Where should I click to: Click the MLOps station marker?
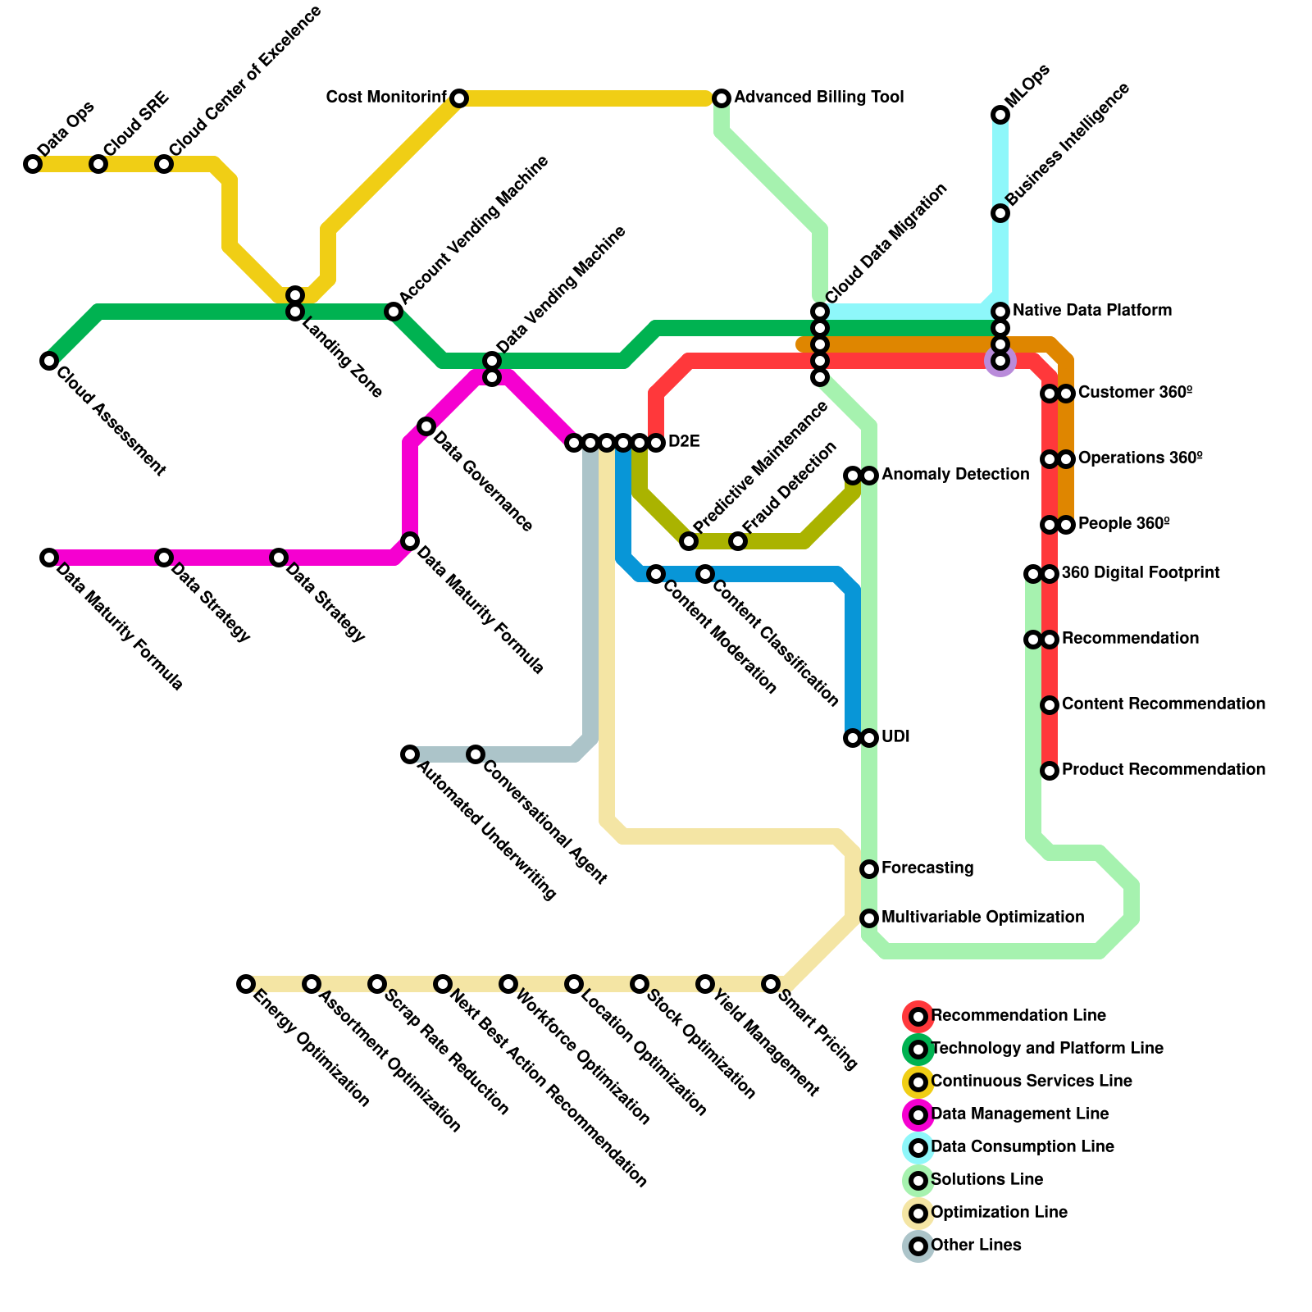[x=1000, y=115]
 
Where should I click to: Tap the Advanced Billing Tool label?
[x=818, y=98]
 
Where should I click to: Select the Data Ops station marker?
[x=33, y=164]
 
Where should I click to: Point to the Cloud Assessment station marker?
[x=49, y=361]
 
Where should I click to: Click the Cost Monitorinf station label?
[x=386, y=98]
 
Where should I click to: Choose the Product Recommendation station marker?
[x=1050, y=771]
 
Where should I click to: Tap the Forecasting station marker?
[x=869, y=869]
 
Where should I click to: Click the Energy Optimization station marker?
[x=246, y=984]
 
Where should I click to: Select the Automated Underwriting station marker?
[x=410, y=754]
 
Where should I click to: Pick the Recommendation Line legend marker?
[x=918, y=1017]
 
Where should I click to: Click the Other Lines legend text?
[x=976, y=1246]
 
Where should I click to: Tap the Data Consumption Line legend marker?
[x=918, y=1148]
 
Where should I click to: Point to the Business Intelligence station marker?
[x=1000, y=213]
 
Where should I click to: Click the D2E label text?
[x=684, y=442]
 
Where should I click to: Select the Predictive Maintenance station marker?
[x=689, y=541]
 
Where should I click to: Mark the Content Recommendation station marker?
[x=1050, y=705]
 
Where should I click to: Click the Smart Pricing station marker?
[x=771, y=984]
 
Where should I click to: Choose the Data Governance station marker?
[x=426, y=426]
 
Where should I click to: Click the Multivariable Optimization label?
[x=982, y=918]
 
